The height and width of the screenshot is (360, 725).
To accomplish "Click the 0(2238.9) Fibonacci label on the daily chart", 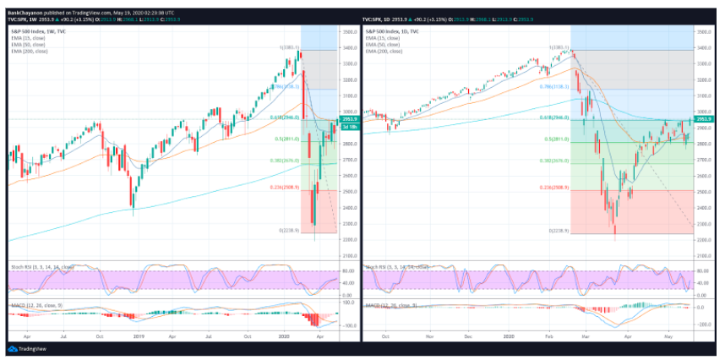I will click(559, 230).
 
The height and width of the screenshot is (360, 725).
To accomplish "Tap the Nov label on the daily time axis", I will click(429, 337).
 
